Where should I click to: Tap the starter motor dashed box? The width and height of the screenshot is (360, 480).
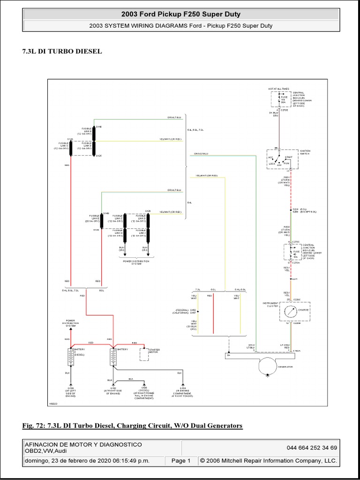coord(144,354)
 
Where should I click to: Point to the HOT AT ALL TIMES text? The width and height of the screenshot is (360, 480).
coord(278,88)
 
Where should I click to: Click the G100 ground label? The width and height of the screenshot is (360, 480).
coord(70,388)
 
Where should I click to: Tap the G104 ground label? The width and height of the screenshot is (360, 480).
coord(182,388)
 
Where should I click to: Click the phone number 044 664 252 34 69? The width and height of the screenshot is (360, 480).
coord(312,448)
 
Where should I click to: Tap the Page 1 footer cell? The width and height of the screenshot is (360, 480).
coord(181,461)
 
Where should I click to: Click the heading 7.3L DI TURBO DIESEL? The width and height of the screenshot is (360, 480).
coord(62,51)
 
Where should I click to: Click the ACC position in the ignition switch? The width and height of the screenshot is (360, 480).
coord(270,158)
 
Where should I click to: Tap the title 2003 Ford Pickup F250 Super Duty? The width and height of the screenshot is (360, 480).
coord(180,15)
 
